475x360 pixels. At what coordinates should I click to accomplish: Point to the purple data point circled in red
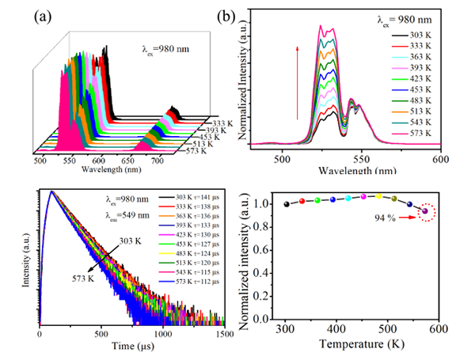(426, 211)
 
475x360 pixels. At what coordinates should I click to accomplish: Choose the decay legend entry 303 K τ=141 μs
(193, 195)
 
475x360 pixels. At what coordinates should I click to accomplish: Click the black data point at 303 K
(286, 204)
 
